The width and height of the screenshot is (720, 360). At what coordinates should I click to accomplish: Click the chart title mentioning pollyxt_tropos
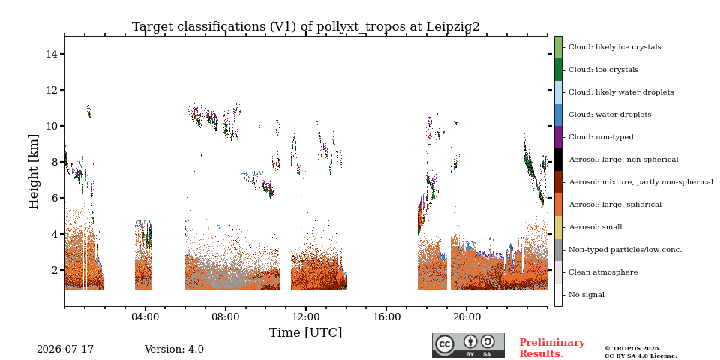coord(306,27)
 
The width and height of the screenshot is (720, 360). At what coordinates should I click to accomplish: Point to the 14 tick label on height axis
coord(52,54)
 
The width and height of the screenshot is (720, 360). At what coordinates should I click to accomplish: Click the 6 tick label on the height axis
coord(55,198)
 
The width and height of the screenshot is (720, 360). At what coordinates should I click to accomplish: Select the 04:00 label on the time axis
coord(145,317)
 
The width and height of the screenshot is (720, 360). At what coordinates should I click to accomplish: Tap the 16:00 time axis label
coord(386,317)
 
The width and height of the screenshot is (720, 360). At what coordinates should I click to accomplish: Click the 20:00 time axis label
coord(467,317)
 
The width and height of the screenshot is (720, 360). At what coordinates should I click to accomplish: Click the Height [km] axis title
coord(34,172)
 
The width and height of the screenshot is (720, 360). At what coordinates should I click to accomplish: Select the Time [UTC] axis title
coord(306,332)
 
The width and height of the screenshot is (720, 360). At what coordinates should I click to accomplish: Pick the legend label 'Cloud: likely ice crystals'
coord(615,47)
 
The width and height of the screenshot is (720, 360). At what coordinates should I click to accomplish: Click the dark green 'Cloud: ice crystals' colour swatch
coord(558,70)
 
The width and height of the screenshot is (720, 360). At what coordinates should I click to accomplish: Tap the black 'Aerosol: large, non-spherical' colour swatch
coord(558,160)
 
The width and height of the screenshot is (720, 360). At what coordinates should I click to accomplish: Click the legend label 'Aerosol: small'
coord(595,227)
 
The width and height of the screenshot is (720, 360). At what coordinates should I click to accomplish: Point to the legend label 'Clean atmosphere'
coord(603,272)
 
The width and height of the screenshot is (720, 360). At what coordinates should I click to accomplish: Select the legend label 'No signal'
coord(586,295)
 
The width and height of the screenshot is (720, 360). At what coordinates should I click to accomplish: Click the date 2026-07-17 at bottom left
coord(65,349)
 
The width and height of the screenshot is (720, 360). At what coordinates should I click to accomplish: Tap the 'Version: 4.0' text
coord(174,349)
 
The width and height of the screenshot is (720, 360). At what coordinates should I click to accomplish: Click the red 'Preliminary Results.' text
coord(552,348)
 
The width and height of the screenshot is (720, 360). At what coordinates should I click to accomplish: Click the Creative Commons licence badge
coord(468,345)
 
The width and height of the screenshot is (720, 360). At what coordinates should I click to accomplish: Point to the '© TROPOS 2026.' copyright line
coord(632,349)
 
